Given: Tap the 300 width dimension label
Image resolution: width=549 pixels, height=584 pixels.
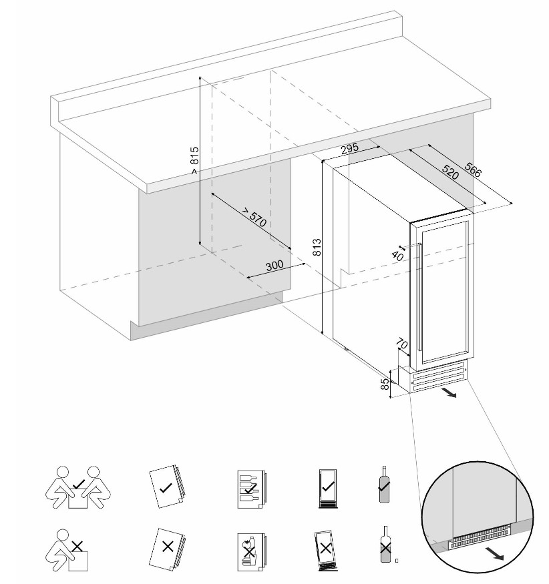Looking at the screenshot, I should [274, 265].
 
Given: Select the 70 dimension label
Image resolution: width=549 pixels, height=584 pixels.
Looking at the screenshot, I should [402, 344].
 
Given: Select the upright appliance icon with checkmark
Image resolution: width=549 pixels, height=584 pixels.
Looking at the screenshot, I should [327, 487].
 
